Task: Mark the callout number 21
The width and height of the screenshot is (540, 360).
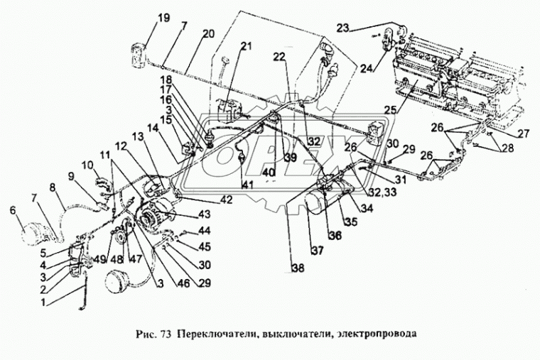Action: pyautogui.click(x=246, y=47)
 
